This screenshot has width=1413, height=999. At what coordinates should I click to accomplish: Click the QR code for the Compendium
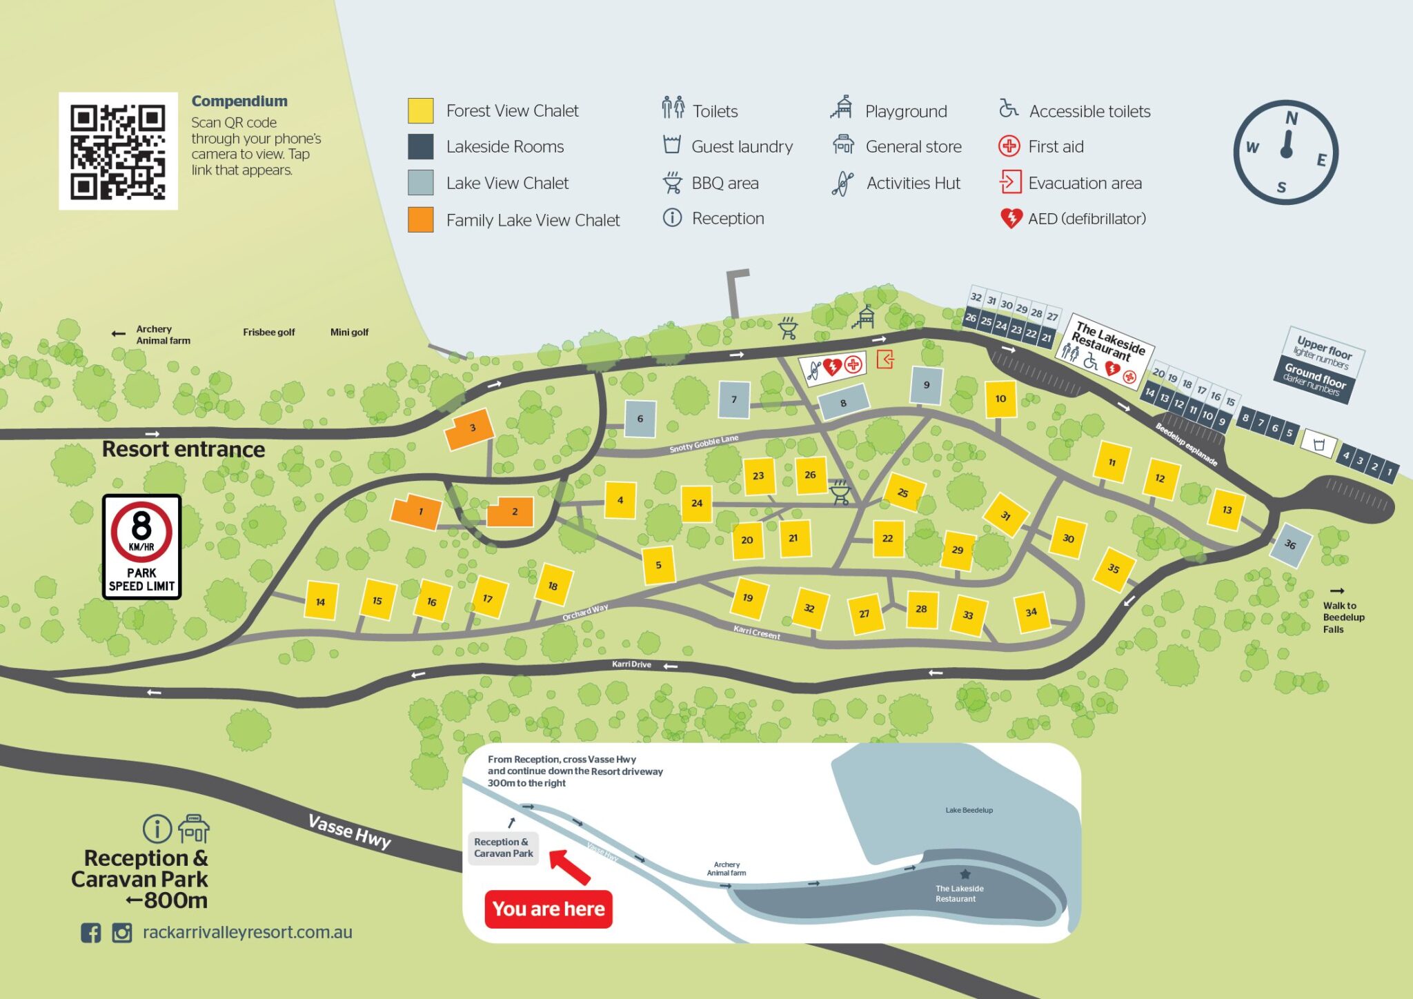coord(118,151)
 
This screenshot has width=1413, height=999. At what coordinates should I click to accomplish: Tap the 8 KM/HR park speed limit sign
coord(141,546)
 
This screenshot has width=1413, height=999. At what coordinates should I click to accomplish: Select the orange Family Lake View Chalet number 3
coord(471,429)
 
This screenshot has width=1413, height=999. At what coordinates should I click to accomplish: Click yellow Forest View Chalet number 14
coord(321,600)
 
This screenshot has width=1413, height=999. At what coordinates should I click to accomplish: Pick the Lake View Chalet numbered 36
coord(1290,544)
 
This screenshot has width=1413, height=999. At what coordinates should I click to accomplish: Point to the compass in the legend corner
coord(1285,152)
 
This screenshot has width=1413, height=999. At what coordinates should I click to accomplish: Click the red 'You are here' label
coord(549,909)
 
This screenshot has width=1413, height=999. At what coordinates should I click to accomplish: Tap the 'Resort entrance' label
coord(184,449)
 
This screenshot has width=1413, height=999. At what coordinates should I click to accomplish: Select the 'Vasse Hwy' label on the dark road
coord(349,831)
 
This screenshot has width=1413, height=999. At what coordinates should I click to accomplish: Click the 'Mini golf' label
coord(349,332)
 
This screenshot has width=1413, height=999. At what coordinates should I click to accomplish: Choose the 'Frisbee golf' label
coord(268,332)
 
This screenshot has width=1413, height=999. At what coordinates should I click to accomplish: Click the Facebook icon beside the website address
coord(90,933)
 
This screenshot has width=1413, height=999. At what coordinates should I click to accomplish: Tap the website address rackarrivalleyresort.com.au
coord(247,932)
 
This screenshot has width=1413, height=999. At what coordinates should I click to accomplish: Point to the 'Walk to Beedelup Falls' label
coord(1342,617)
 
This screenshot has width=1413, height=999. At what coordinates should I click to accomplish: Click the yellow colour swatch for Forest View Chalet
coord(420,110)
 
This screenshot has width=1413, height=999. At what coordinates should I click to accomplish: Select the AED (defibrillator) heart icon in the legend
coord(1011,219)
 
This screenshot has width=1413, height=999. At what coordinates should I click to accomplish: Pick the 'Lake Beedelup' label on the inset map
coord(969,810)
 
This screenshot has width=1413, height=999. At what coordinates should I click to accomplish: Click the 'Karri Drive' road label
coord(631,664)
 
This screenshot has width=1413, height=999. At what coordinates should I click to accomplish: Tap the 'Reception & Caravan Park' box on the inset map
coord(503,847)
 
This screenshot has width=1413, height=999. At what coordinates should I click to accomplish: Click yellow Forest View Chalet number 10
coord(1000,399)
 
